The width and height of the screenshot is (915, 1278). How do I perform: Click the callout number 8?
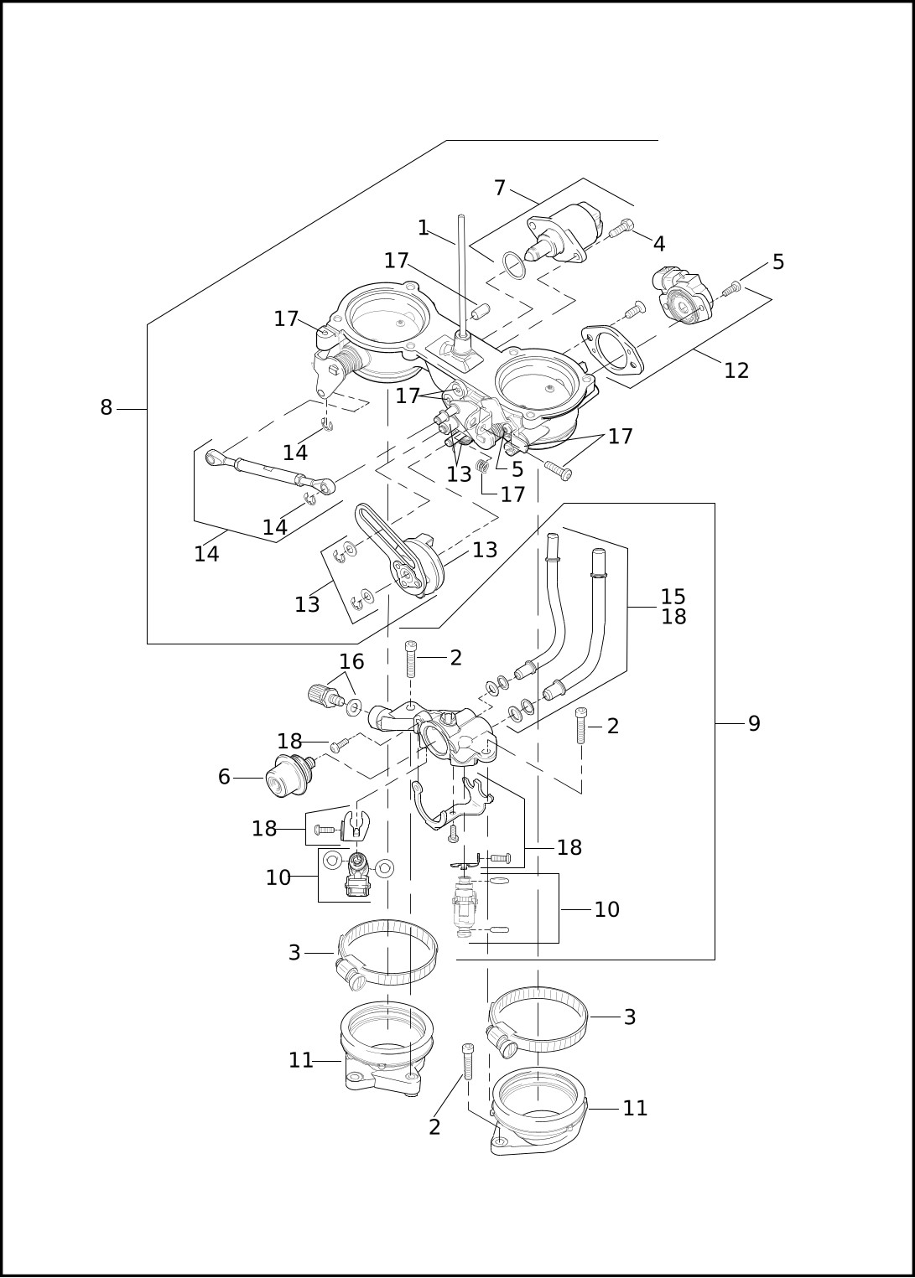point(107,408)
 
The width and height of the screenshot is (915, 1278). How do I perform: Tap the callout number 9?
point(754,723)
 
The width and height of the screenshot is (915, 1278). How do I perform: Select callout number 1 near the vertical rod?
point(423,228)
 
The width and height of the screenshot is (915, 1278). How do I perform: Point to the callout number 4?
point(658,244)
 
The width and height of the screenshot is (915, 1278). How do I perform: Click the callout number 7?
point(500,188)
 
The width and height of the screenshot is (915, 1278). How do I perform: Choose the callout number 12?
point(736,371)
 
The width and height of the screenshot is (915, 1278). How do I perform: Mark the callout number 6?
point(224,777)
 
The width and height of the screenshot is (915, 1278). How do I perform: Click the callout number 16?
point(351,661)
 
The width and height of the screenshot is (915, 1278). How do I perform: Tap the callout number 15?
point(673,596)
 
